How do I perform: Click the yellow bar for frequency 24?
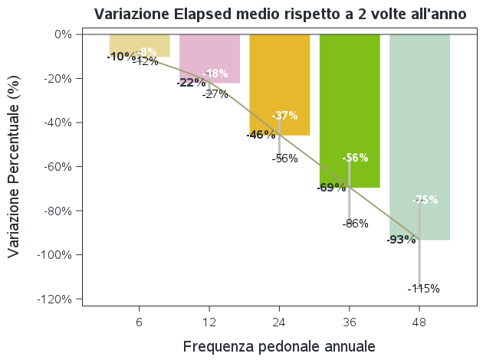280,84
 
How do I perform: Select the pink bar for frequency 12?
209,54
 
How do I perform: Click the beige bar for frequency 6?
140,43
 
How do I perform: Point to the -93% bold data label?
401,240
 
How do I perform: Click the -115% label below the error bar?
424,289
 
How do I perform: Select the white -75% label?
425,200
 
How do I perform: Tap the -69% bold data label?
331,188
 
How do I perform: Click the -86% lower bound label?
356,224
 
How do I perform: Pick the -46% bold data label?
261,135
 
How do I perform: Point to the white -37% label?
284,116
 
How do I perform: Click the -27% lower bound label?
215,94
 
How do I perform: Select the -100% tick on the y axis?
55,255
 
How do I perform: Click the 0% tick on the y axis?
63,34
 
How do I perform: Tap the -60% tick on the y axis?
58,167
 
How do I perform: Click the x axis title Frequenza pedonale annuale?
279,346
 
